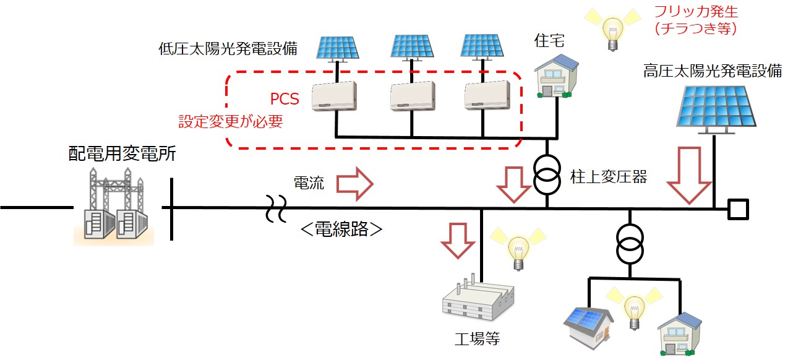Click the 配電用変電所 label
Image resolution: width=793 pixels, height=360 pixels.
[122, 154]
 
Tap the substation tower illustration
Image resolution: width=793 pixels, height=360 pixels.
[114, 207]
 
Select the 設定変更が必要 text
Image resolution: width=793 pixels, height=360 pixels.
[231, 122]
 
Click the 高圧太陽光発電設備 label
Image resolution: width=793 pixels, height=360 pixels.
[713, 72]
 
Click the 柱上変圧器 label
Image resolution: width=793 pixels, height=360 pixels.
[608, 178]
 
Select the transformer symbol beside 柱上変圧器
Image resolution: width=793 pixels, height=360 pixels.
[547, 173]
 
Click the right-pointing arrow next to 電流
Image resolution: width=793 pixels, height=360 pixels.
[354, 183]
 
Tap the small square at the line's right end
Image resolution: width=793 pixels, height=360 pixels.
[737, 209]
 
